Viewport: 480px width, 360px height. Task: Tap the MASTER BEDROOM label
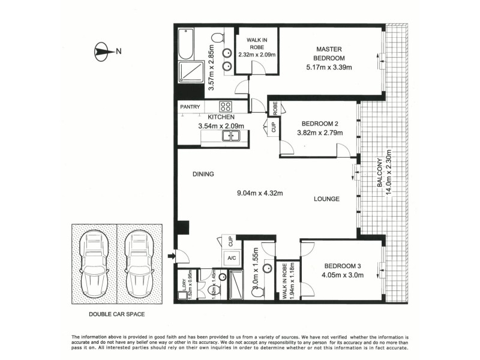coord(330,53)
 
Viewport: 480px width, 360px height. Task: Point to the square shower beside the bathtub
coord(190,73)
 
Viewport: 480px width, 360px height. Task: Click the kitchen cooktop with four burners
coord(226,106)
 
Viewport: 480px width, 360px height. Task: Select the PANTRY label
coord(190,107)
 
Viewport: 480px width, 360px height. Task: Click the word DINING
coord(203,175)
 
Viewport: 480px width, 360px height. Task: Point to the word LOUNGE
coord(326,199)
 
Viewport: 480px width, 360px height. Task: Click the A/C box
coord(230,258)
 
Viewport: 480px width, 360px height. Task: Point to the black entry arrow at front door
coord(170,257)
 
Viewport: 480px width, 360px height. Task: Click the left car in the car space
coord(94,262)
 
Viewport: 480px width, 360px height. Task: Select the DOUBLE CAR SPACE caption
coord(116,314)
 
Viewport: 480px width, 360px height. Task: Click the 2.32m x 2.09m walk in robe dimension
coord(256,55)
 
